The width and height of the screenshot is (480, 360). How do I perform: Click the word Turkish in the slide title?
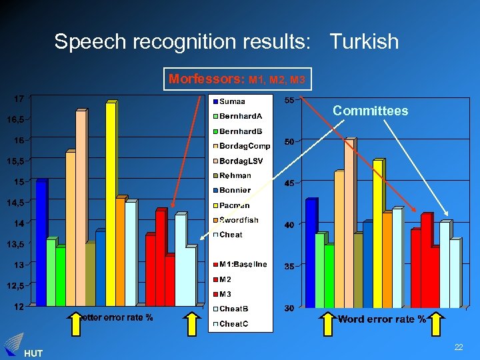[364, 42]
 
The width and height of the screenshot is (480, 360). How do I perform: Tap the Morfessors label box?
[237, 79]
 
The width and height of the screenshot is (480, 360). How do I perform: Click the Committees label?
[370, 111]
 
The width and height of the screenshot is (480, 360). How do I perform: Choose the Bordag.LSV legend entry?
[241, 161]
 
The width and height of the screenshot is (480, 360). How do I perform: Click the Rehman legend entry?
[235, 175]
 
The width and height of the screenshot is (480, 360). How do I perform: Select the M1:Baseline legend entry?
[243, 264]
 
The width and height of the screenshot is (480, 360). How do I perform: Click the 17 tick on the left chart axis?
[19, 99]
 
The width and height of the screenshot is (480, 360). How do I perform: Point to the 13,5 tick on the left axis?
[16, 244]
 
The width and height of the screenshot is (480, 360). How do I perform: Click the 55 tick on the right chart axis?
[289, 101]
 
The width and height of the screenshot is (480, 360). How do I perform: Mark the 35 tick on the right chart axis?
[289, 267]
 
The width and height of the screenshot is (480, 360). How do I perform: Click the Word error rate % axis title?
[381, 319]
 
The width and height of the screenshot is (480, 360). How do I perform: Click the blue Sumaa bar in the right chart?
[310, 253]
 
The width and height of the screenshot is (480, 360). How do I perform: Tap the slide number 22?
[459, 347]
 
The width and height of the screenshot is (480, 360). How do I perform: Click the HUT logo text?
[32, 353]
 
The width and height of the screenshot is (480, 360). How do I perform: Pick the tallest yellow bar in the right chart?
[377, 233]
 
